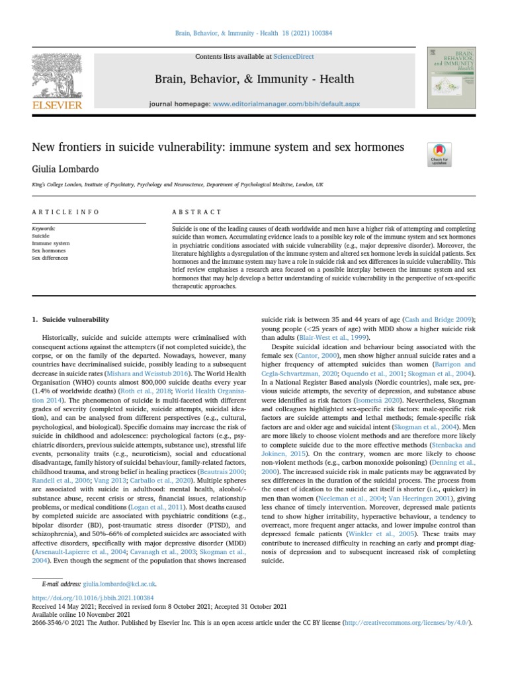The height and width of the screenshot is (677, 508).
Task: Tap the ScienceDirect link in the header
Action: pos(295,57)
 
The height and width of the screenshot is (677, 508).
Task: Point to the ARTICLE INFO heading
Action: pos(65,212)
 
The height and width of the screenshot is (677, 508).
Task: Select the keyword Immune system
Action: pos(50,243)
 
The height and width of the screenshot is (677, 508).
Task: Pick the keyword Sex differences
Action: pos(50,258)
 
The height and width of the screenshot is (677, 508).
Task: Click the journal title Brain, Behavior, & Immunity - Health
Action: pos(254,79)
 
